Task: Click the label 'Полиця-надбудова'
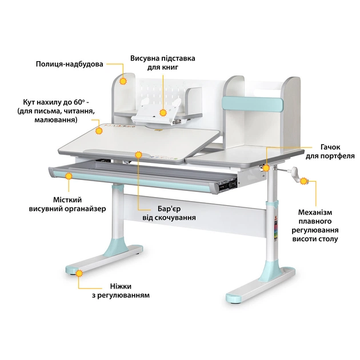pos(69,64)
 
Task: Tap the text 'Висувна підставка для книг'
pos(163,63)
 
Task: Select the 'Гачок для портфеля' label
pos(330,151)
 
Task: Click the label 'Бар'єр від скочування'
pos(169,213)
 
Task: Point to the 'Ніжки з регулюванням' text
pos(121,291)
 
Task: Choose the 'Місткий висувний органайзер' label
pos(67,205)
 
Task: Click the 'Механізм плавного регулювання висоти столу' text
pos(315,226)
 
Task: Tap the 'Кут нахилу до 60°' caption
pos(56,102)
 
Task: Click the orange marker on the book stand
pos(163,113)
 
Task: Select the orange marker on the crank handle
pos(303,181)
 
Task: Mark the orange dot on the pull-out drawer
pos(69,177)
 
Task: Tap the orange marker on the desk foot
pos(79,273)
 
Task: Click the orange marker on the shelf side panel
pos(123,81)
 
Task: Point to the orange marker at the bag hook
pos(266,168)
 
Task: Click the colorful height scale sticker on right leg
pos(276,230)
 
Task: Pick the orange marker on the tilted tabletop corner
pos(99,131)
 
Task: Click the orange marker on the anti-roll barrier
pos(138,155)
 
